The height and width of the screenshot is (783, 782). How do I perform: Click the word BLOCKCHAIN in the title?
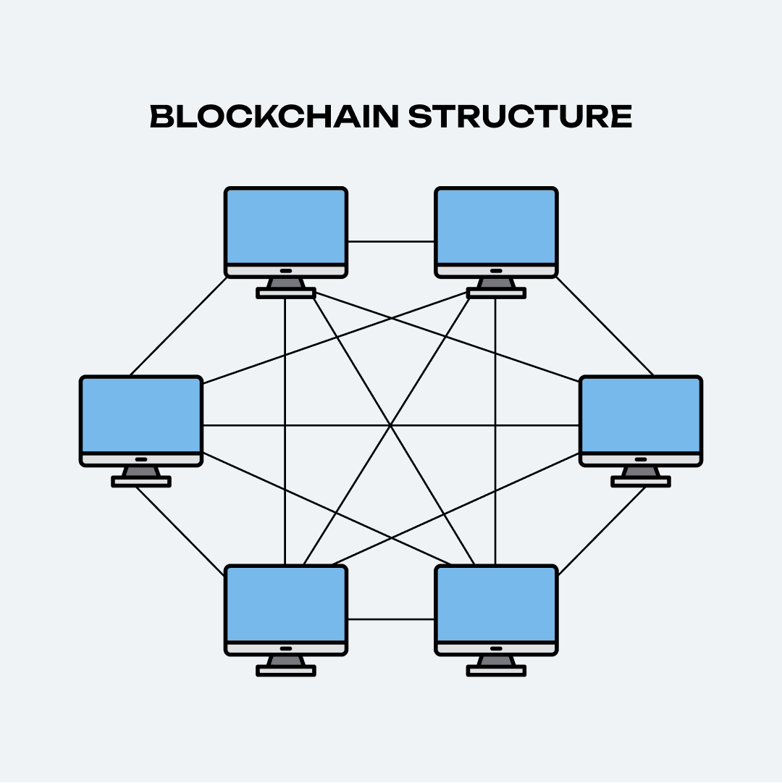274,116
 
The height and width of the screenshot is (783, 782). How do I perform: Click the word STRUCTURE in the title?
520,116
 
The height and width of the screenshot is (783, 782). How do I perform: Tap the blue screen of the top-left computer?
286,226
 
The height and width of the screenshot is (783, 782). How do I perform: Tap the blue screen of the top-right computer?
496,226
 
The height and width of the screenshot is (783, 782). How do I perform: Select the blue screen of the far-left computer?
141,415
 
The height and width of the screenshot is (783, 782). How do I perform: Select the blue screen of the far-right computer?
641,415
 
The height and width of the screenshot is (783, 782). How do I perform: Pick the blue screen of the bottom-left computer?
286,604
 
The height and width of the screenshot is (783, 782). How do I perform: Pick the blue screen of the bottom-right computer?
496,604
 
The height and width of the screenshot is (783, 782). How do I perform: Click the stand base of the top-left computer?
286,293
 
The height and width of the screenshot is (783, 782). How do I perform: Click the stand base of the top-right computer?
496,293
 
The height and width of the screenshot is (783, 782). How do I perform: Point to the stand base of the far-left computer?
141,482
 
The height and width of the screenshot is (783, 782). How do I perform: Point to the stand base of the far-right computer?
641,482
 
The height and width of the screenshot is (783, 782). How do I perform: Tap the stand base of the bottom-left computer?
286,671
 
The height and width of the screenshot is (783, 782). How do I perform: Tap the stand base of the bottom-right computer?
496,671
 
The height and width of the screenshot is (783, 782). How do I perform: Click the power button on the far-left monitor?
141,459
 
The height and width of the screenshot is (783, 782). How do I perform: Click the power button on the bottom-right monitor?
496,648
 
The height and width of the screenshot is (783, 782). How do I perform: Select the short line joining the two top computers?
391,242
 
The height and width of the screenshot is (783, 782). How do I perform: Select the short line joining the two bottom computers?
391,619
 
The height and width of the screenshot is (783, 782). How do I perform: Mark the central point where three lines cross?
391,425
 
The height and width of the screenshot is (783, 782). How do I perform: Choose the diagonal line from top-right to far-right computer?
605,325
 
